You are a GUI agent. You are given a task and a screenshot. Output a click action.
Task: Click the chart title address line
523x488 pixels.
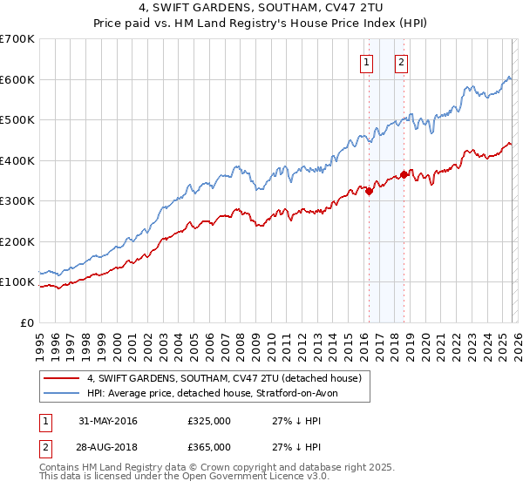tap(261, 9)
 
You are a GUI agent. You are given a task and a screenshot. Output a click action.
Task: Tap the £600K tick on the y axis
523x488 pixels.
tap(17, 79)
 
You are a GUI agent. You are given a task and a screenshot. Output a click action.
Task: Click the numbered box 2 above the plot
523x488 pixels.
tap(401, 62)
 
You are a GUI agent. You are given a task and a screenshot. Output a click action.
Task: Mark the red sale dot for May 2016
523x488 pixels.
tap(369, 191)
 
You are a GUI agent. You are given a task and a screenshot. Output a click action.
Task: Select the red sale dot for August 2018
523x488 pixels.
tap(404, 174)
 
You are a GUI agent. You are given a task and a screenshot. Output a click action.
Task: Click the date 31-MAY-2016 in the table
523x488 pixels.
tap(108, 421)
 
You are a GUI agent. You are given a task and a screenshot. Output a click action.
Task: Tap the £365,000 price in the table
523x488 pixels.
tap(208, 446)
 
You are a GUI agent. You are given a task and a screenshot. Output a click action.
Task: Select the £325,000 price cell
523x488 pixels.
tap(208, 421)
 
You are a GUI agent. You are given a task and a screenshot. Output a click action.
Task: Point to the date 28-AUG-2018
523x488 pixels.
tap(108, 446)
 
